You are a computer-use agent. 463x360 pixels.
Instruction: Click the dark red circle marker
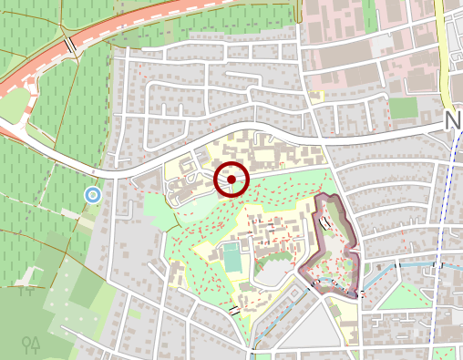(231, 180)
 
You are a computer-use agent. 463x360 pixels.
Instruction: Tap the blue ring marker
(92, 194)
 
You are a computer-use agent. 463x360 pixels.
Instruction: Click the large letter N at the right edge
(453, 123)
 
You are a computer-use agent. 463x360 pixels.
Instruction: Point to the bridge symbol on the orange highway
(69, 45)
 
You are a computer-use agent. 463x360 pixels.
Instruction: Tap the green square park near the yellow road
(403, 108)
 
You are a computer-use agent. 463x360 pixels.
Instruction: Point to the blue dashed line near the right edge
(444, 264)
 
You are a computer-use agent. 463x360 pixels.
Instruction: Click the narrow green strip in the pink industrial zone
(369, 18)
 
